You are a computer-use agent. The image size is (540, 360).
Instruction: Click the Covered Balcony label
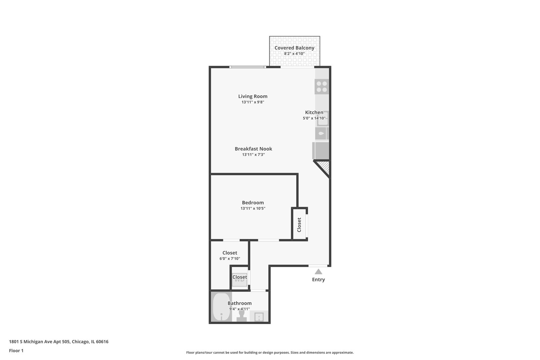tap(294, 48)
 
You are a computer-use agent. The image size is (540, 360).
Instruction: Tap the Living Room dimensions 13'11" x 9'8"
tap(253, 102)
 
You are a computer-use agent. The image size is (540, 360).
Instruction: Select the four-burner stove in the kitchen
tap(322, 87)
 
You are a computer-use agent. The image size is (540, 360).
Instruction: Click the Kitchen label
tap(314, 112)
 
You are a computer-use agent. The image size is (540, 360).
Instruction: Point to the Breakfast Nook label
tap(253, 149)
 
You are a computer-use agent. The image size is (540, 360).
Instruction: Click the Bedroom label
tap(253, 203)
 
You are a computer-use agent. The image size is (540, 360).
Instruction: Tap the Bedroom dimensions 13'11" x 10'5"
tap(253, 208)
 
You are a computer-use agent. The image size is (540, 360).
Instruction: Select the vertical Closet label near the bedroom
tap(299, 225)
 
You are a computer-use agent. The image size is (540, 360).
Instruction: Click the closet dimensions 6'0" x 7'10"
tap(230, 259)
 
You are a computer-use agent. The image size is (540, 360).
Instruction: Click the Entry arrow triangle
tap(318, 272)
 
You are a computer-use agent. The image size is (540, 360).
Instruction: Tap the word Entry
tap(318, 279)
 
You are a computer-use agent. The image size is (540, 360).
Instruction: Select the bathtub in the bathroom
tap(222, 307)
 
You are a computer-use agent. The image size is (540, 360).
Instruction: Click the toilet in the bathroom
tap(242, 316)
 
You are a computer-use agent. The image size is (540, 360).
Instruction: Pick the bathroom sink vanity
tap(259, 316)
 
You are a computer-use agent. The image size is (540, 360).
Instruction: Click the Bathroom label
tap(240, 303)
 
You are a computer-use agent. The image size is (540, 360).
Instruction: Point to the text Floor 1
tap(16, 351)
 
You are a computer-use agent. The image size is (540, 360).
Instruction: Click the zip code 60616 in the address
tap(102, 341)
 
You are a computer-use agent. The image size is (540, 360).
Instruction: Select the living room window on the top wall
tap(248, 67)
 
